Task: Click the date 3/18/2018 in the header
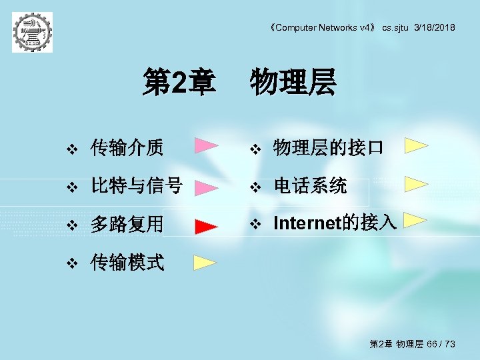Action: [435, 27]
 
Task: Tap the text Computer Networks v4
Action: [325, 27]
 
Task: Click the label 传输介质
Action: [127, 147]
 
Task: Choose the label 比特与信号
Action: [137, 186]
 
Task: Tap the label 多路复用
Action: [127, 224]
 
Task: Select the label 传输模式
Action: [127, 262]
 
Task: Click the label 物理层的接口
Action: [328, 147]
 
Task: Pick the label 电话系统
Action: [310, 186]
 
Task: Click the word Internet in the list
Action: [307, 223]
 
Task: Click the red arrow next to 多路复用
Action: [206, 227]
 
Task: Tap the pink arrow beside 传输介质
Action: [207, 146]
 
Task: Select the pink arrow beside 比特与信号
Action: [206, 188]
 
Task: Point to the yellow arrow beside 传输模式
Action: [205, 262]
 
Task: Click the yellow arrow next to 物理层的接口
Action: [416, 145]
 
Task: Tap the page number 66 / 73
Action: [441, 344]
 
